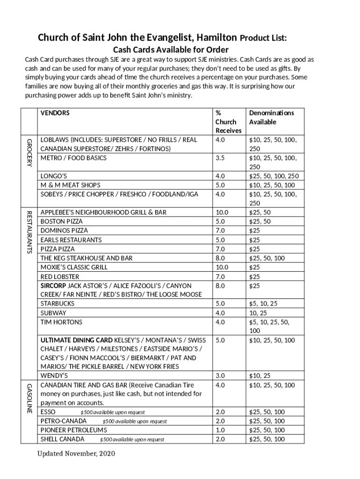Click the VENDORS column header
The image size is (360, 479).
click(55, 113)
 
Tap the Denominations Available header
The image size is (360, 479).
click(271, 117)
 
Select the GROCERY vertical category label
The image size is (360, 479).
click(29, 152)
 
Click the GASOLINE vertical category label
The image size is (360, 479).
click(29, 398)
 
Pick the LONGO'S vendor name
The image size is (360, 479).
click(54, 176)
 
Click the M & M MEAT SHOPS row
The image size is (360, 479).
click(70, 185)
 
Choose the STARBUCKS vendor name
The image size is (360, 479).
click(58, 304)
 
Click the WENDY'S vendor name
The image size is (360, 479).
click(54, 376)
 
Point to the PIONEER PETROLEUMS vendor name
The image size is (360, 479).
click(73, 430)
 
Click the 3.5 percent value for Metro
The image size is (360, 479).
click(220, 158)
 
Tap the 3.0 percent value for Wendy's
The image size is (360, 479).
click(220, 376)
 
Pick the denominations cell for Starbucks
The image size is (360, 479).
click(263, 304)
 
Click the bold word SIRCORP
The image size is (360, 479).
click(53, 285)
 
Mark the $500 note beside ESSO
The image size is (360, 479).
click(112, 413)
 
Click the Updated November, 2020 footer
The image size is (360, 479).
click(76, 454)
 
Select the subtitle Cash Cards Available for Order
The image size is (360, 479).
click(171, 50)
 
